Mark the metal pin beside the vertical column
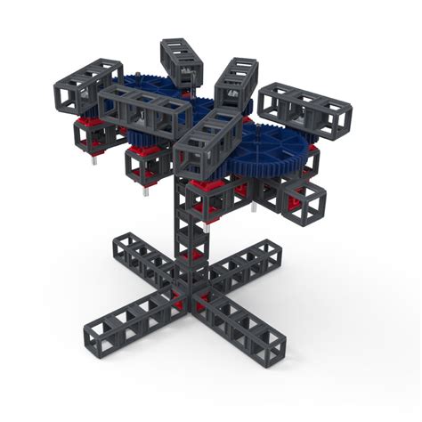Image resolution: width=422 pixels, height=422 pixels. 207,228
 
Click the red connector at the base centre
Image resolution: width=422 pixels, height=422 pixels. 191,298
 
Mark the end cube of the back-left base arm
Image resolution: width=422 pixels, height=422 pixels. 126,246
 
